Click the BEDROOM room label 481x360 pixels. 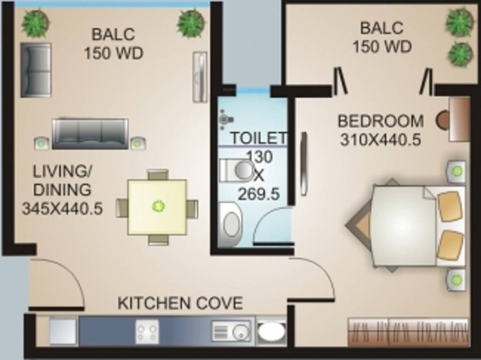380,121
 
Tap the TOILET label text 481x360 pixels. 259,138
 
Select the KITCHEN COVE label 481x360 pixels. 180,303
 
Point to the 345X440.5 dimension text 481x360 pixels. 62,209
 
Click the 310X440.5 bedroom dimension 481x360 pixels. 380,140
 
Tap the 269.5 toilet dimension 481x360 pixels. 259,194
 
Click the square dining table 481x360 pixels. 157,208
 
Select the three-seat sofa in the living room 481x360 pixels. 90,134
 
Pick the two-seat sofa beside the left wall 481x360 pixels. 36,70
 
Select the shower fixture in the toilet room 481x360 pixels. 226,119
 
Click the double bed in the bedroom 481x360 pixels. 405,225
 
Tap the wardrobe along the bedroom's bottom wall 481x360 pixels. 408,332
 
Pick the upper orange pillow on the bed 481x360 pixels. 450,206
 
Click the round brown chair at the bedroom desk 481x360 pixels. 442,120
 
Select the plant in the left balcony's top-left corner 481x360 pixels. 36,23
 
